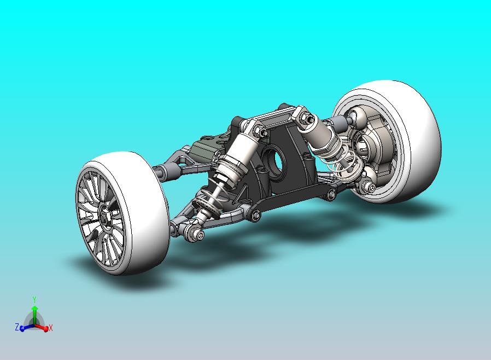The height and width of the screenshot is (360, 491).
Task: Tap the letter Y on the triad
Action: tap(34, 299)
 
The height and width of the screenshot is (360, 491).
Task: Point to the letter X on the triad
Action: tap(51, 328)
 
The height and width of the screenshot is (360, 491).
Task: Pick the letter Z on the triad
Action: tap(17, 327)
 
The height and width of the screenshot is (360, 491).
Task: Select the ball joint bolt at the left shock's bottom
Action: tap(197, 235)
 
